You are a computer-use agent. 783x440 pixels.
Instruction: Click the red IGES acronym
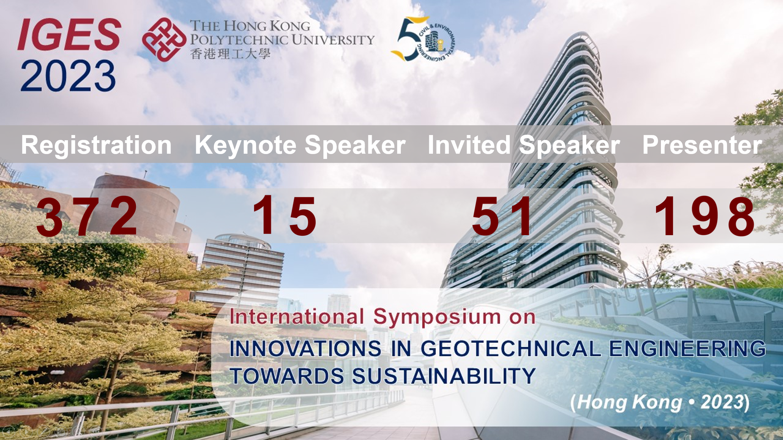pyautogui.click(x=69, y=34)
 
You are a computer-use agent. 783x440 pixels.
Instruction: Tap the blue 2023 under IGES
pyautogui.click(x=68, y=76)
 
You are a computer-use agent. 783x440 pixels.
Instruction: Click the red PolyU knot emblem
pyautogui.click(x=164, y=39)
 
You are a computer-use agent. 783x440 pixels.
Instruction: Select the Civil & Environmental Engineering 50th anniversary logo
pyautogui.click(x=423, y=39)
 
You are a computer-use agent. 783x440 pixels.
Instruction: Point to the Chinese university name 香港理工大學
pyautogui.click(x=230, y=54)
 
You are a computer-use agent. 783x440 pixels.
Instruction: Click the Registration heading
pyautogui.click(x=96, y=145)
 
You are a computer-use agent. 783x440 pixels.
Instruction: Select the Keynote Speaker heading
pyautogui.click(x=300, y=145)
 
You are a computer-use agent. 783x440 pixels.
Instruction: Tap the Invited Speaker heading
pyautogui.click(x=524, y=145)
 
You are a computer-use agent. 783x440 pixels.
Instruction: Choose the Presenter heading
pyautogui.click(x=702, y=145)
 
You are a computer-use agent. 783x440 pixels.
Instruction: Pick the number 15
pyautogui.click(x=285, y=216)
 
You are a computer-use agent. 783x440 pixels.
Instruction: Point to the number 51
pyautogui.click(x=501, y=216)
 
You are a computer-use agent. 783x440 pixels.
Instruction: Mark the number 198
pyautogui.click(x=704, y=216)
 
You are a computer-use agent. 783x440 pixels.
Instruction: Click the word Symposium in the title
pyautogui.click(x=437, y=318)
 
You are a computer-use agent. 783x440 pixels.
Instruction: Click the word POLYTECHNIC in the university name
pyautogui.click(x=239, y=40)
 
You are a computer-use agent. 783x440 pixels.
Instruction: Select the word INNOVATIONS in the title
pyautogui.click(x=305, y=348)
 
